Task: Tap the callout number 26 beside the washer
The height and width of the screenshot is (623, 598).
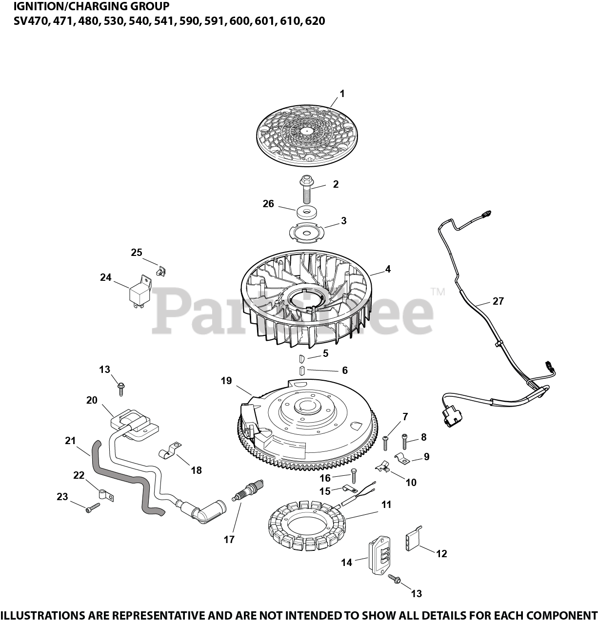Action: (x=268, y=204)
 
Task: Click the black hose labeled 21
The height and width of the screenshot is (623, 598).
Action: (x=122, y=478)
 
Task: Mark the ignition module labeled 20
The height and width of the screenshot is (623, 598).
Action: (x=134, y=422)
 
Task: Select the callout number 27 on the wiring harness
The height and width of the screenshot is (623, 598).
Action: (x=498, y=301)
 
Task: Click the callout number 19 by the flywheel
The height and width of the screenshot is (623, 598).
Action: (x=226, y=381)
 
